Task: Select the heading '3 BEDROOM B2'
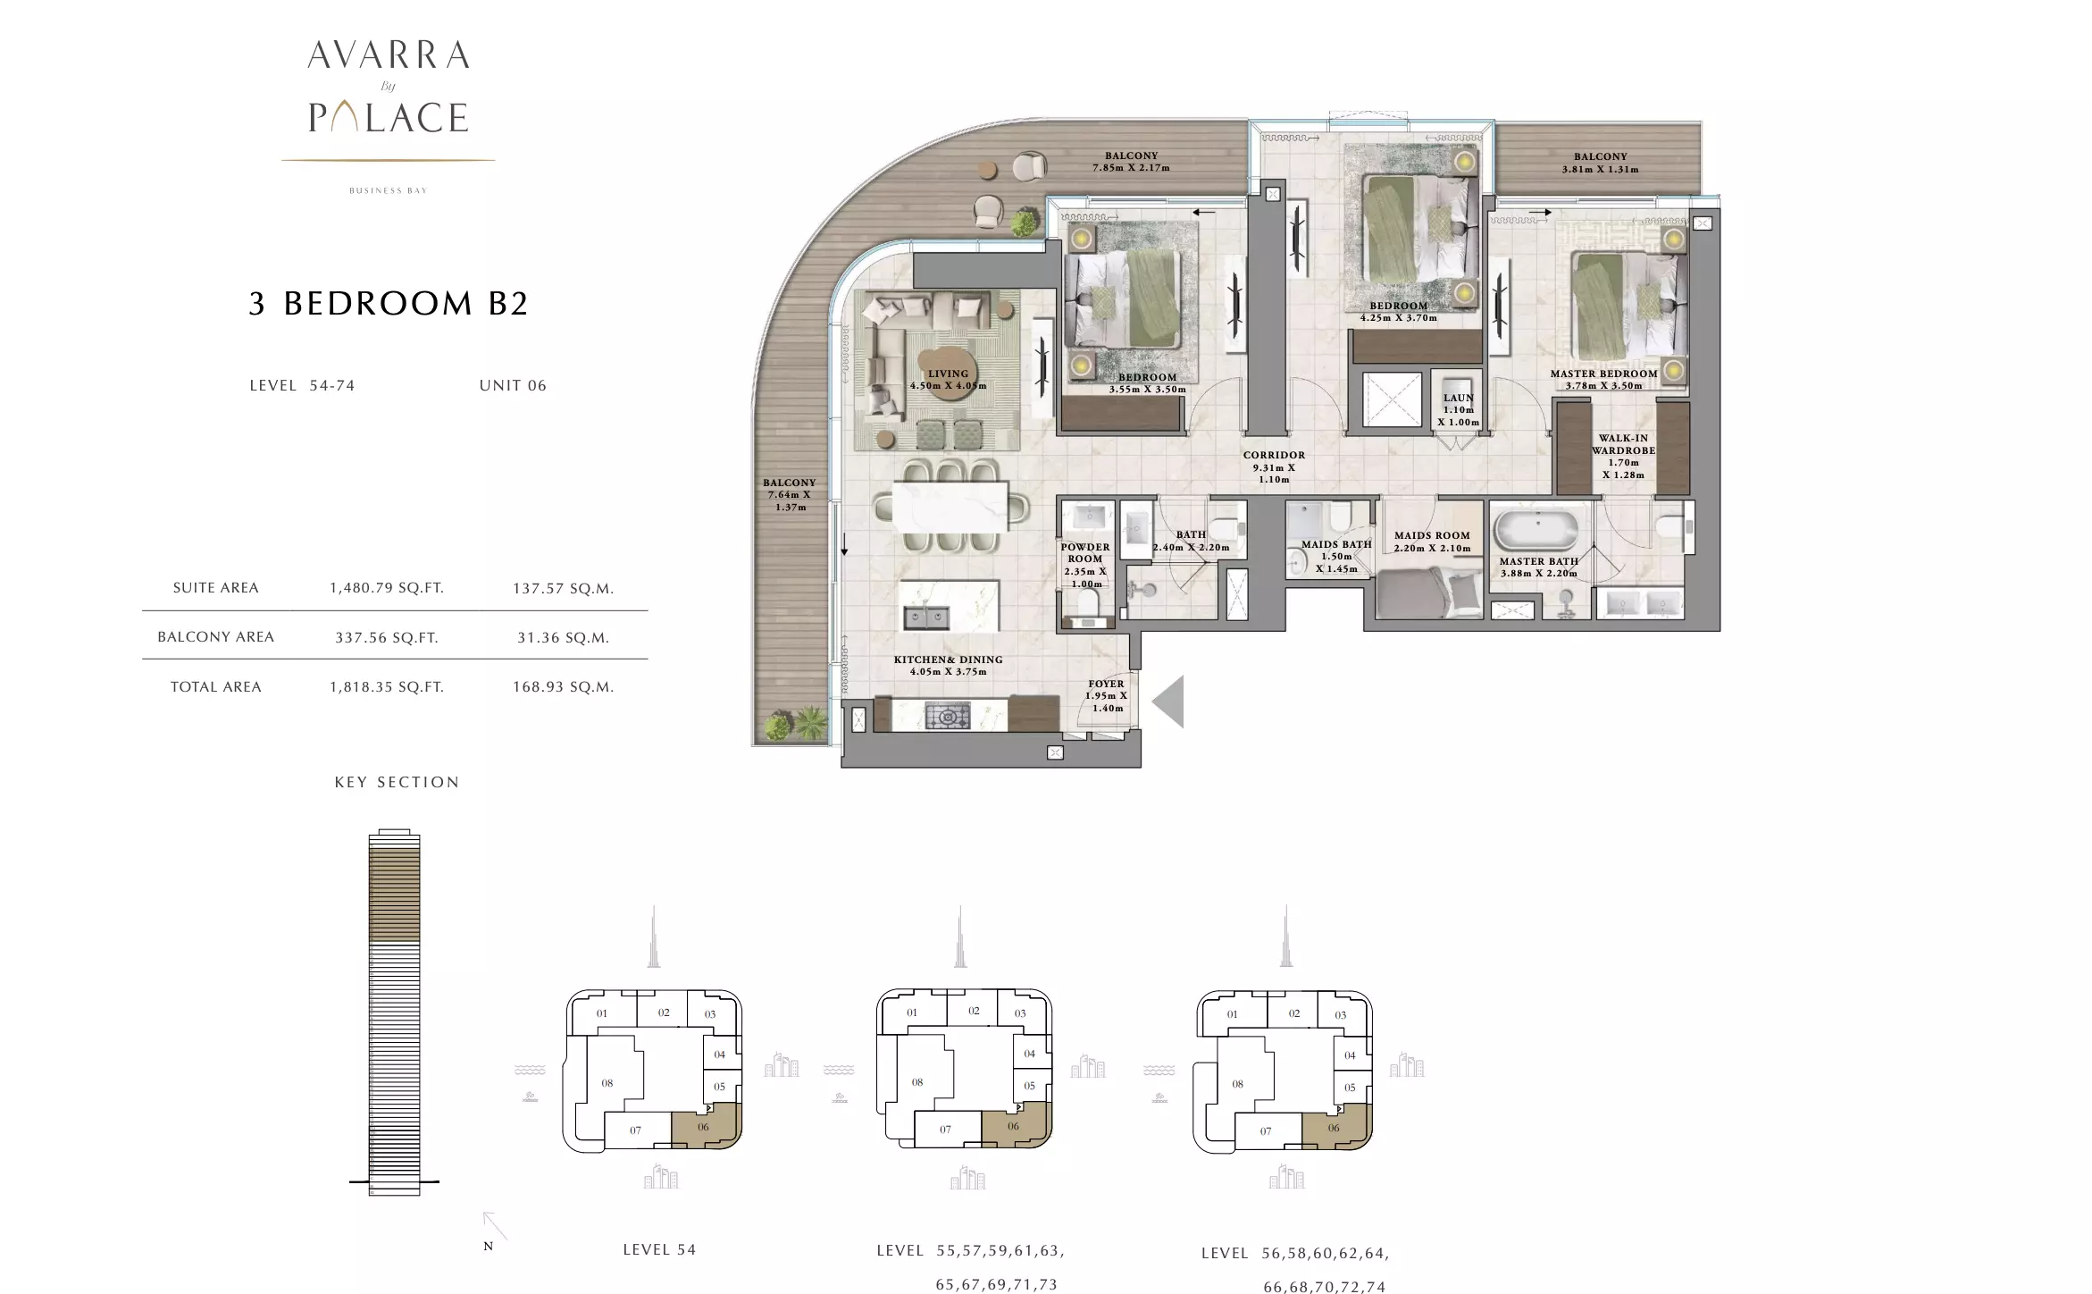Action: [389, 304]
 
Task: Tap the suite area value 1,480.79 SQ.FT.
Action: [387, 588]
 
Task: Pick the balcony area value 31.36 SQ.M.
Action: [563, 638]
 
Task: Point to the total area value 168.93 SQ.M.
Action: [563, 687]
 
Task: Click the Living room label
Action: [948, 380]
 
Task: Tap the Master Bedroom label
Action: [1603, 380]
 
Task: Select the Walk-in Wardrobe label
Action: [1623, 457]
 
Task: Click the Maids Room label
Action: [1432, 542]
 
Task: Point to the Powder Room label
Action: [1085, 565]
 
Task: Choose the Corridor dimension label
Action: [1274, 467]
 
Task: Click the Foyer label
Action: [1106, 695]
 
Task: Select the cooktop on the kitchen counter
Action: [946, 716]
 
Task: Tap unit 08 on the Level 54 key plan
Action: [607, 1083]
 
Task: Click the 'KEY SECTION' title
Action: [397, 782]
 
